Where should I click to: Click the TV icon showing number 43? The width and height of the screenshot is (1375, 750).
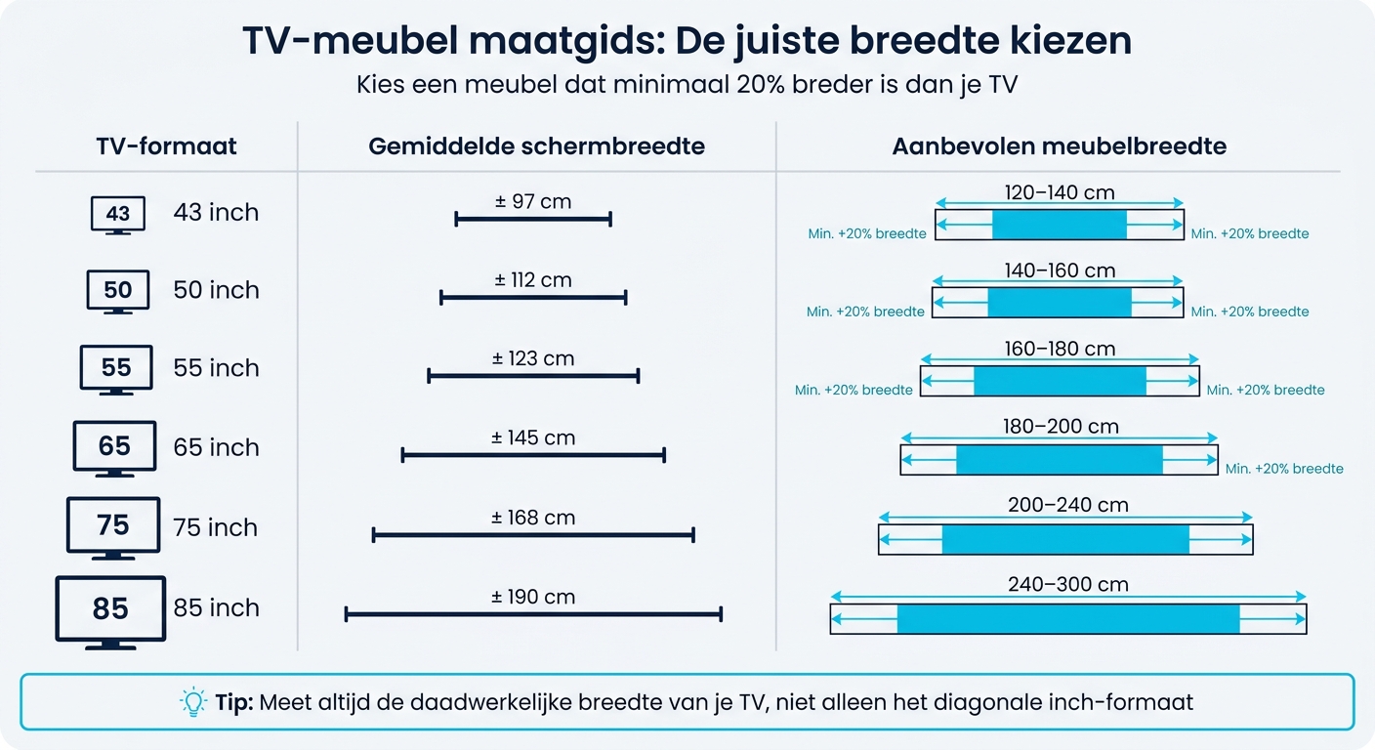[117, 215]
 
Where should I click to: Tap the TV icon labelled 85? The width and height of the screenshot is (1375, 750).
[110, 611]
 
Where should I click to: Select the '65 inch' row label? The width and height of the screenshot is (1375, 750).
[216, 447]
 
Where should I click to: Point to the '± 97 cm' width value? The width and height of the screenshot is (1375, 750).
[533, 202]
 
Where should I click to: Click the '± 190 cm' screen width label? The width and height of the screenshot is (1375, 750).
[533, 597]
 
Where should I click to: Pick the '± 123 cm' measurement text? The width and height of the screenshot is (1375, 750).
[533, 358]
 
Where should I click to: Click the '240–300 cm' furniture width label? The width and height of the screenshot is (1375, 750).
[1067, 585]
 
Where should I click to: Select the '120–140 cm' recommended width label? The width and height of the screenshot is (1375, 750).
[1060, 192]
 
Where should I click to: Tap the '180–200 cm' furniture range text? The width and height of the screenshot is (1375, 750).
[1061, 427]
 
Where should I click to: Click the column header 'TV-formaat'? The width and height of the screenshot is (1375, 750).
[167, 146]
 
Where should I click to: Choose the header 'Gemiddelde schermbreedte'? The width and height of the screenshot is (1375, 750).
[536, 146]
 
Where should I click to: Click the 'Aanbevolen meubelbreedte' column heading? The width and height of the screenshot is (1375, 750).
[1060, 146]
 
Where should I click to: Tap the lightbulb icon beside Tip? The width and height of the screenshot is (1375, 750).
[193, 701]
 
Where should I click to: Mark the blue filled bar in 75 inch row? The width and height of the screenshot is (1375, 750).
[1065, 540]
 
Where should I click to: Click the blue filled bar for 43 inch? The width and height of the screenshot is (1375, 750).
[1060, 225]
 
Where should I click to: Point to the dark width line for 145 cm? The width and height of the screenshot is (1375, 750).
[533, 454]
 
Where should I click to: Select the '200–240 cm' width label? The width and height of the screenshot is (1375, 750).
[1067, 505]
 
